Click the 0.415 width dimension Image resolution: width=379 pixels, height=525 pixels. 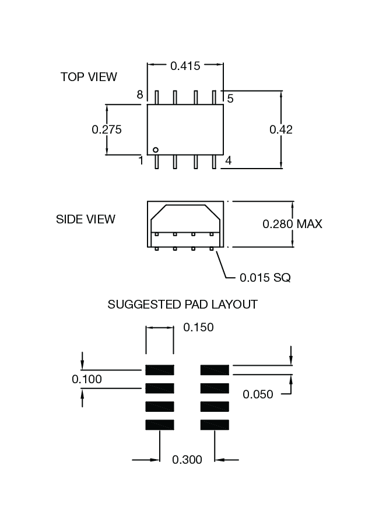tap(185, 66)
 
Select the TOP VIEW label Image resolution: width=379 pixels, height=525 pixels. tap(89, 77)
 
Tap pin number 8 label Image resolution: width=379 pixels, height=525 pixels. tap(140, 95)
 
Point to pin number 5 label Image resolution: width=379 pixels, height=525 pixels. tap(230, 99)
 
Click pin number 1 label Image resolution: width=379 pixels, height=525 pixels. tap(141, 160)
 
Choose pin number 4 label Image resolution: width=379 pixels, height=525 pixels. tap(229, 160)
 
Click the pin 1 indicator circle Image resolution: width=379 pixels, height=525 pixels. tap(156, 150)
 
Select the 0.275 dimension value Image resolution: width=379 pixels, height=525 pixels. tap(107, 129)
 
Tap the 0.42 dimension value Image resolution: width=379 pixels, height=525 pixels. tap(280, 129)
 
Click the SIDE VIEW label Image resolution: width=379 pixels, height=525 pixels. tap(86, 219)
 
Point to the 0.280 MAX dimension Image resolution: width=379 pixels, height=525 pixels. tap(292, 224)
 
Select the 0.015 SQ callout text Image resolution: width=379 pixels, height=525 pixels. tap(265, 278)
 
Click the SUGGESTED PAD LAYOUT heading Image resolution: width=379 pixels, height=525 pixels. tap(183, 304)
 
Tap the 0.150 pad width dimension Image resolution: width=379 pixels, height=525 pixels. tap(198, 327)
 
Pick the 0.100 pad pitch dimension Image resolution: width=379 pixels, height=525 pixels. tap(87, 379)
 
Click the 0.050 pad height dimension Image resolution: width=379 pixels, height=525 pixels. tap(258, 394)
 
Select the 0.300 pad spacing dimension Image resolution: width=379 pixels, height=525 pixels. tap(187, 460)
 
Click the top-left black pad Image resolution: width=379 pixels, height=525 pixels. tap(160, 369)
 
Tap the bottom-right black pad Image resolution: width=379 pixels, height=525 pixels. tap(215, 425)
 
